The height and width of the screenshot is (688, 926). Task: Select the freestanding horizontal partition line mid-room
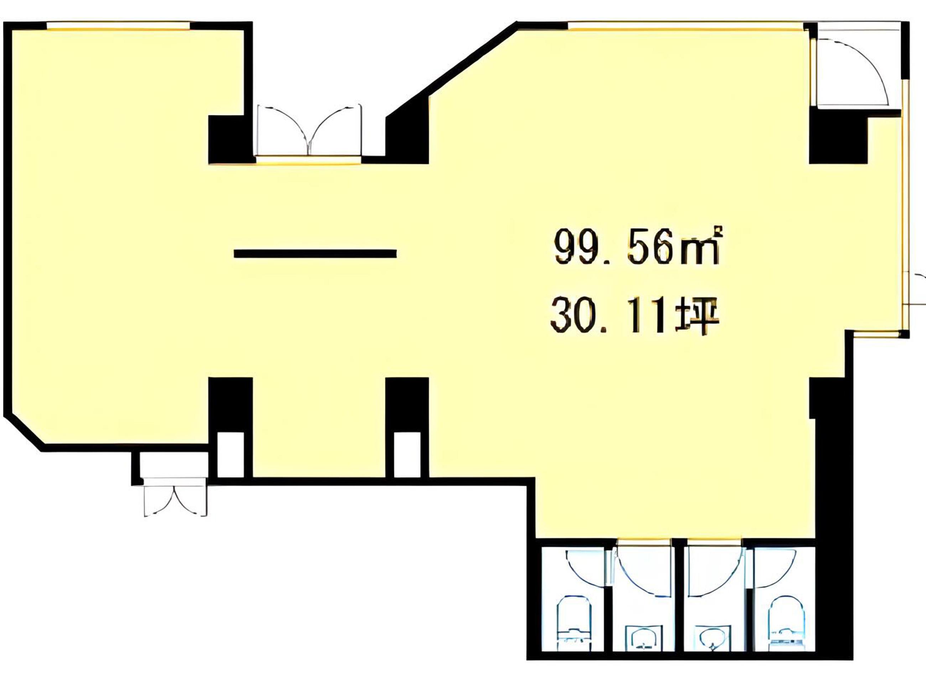[315, 253]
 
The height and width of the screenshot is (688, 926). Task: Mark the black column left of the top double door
[230, 139]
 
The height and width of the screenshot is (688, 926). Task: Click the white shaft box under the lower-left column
[230, 455]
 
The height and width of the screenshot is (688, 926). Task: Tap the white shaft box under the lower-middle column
[407, 455]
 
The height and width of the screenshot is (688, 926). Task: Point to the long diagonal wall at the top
[451, 69]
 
